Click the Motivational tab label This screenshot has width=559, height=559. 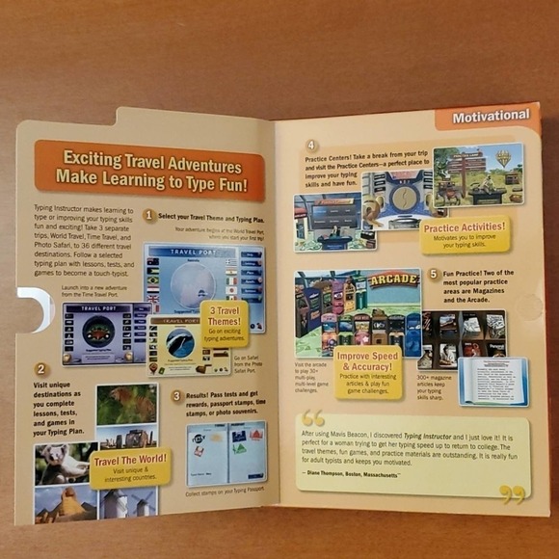[491, 116]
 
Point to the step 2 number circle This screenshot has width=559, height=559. [40, 368]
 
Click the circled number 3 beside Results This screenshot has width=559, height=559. [176, 395]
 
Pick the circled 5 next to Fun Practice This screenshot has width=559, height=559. [433, 274]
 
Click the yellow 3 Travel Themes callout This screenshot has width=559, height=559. [225, 323]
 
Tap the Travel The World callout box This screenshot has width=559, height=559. [129, 466]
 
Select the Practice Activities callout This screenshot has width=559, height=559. [465, 234]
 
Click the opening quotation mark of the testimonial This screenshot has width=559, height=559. [313, 418]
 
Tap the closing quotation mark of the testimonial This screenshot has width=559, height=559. [513, 492]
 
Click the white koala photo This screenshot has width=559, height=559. [64, 463]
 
